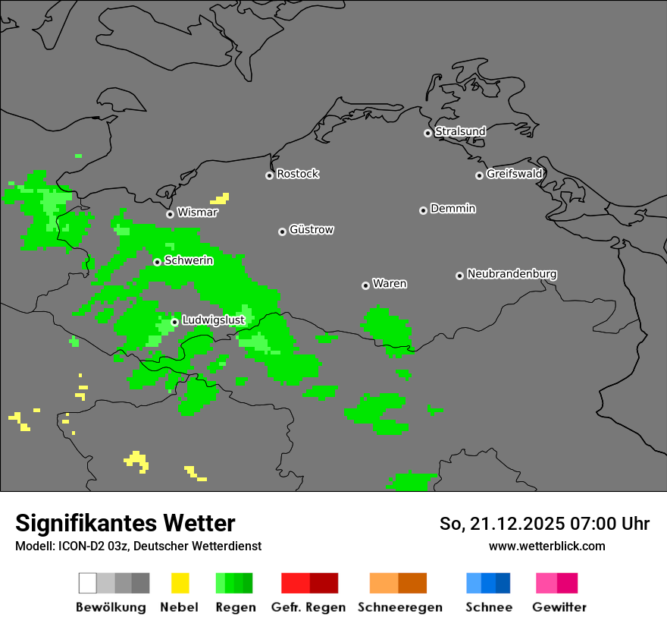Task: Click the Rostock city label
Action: click(x=298, y=174)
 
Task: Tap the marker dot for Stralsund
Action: click(x=427, y=133)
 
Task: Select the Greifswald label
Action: click(x=514, y=174)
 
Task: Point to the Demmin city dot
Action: click(x=423, y=210)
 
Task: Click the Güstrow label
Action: click(x=312, y=229)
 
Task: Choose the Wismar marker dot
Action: click(x=170, y=214)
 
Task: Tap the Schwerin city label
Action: click(x=189, y=260)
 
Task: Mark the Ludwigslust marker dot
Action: click(x=174, y=322)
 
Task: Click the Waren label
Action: click(x=390, y=284)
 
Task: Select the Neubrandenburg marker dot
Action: click(x=459, y=276)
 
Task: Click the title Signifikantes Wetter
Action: click(x=125, y=523)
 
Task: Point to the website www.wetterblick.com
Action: click(x=547, y=547)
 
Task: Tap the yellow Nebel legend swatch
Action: click(x=180, y=583)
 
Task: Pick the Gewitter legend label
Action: click(x=559, y=607)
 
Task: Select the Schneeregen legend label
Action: click(x=399, y=607)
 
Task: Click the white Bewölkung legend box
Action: click(x=87, y=583)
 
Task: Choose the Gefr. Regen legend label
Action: click(x=308, y=607)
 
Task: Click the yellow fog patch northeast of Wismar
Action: click(x=221, y=200)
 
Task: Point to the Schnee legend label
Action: click(x=489, y=607)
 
